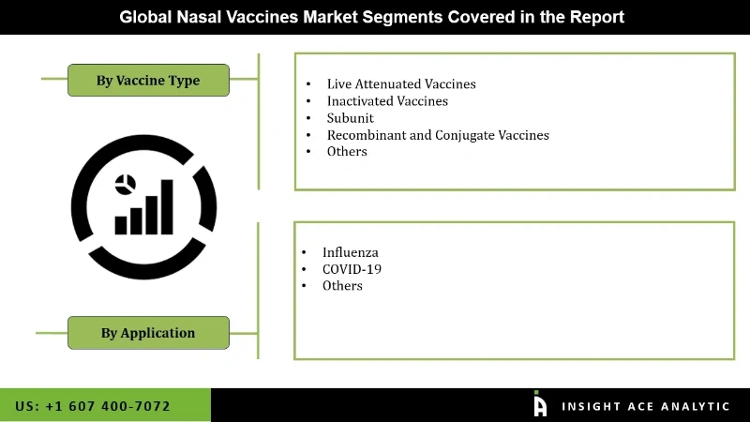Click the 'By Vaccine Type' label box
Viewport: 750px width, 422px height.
(147, 81)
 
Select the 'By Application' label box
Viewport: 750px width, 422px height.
(148, 332)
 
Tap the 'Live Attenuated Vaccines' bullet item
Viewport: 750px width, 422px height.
(401, 84)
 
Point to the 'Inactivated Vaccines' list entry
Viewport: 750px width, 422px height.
(387, 101)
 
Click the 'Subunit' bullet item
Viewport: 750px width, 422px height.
(351, 118)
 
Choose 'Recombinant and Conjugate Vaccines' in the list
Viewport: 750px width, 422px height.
(438, 135)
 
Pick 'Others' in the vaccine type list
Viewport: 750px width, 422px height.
(347, 151)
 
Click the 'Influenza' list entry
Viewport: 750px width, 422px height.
(351, 252)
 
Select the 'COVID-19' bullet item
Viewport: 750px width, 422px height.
(352, 269)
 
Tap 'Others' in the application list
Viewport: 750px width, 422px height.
(342, 286)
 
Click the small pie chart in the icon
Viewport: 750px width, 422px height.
(125, 184)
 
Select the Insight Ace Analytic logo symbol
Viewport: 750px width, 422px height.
(540, 404)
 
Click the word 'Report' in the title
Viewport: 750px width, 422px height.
(597, 17)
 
